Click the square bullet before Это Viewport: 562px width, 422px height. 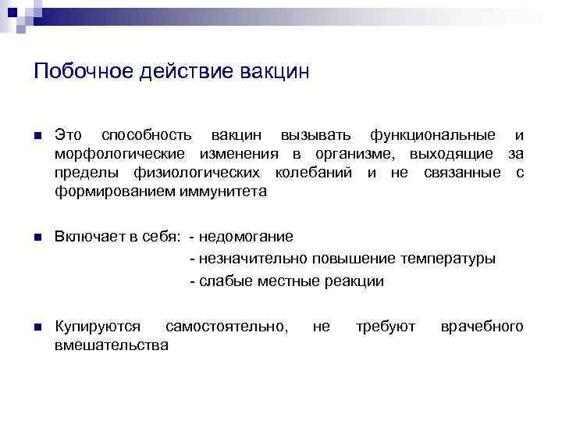point(37,136)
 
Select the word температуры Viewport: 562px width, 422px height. point(447,259)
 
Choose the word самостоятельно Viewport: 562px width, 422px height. point(226,326)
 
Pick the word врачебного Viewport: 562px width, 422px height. point(482,326)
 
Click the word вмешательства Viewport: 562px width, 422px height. point(112,345)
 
